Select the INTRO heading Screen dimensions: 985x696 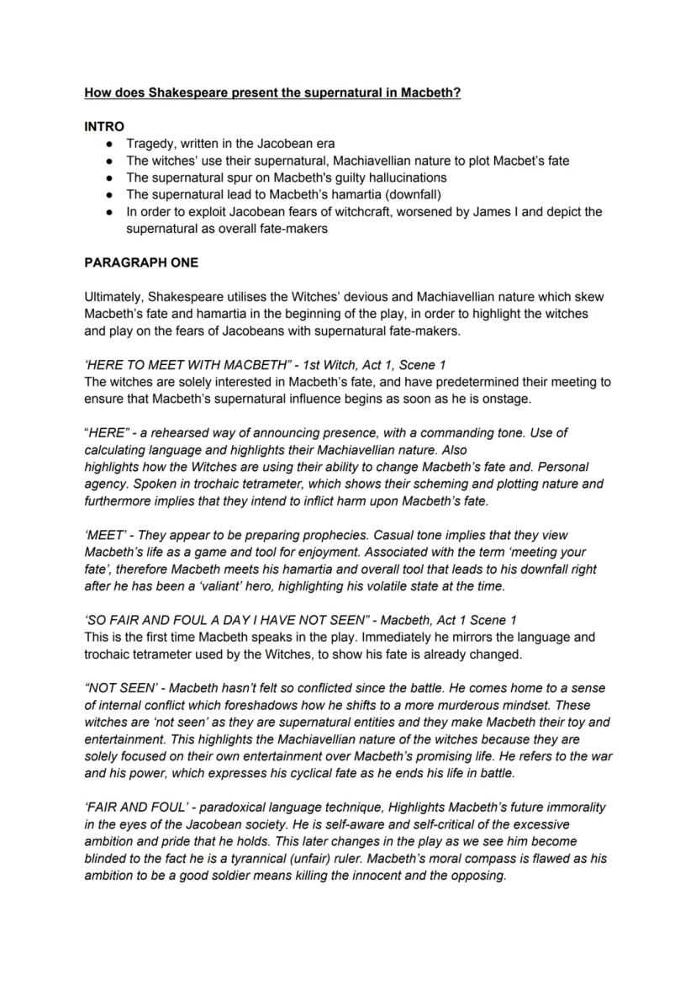point(104,126)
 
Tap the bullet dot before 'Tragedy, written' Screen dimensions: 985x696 point(109,144)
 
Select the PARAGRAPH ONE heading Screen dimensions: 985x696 point(141,262)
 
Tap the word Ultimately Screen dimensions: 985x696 point(114,296)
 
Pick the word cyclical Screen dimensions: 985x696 point(277,773)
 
